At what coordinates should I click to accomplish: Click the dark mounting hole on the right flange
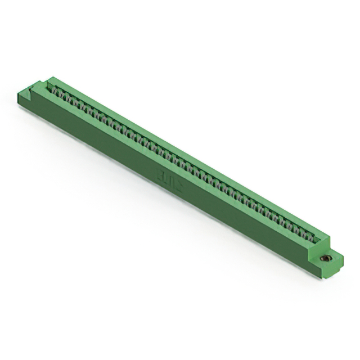(325, 258)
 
